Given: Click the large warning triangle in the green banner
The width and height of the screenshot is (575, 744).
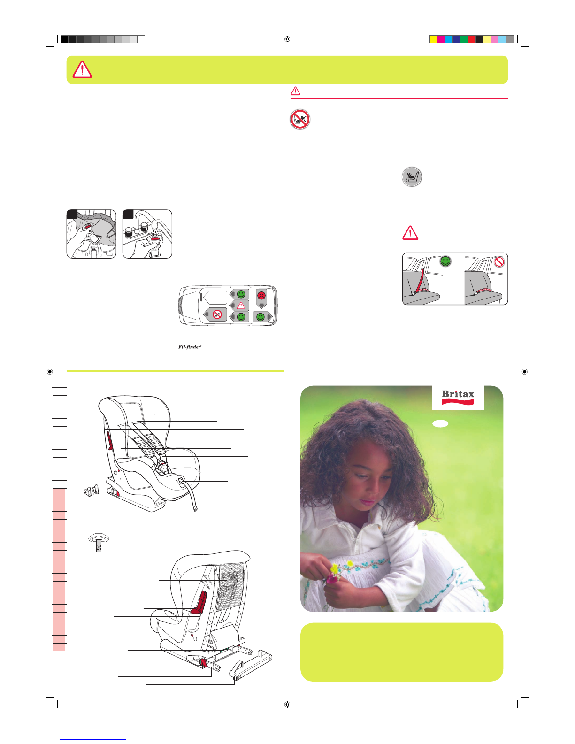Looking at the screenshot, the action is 82,69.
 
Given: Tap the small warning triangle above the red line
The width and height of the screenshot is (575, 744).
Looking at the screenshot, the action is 295,91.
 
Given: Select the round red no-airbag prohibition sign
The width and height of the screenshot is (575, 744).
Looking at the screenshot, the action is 300,120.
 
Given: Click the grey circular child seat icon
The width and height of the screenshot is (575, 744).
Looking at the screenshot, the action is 412,176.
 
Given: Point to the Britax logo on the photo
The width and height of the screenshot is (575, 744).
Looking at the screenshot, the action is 458,398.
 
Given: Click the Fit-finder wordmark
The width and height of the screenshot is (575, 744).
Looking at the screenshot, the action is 190,347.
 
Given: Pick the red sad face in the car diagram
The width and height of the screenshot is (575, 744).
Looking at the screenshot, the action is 261,295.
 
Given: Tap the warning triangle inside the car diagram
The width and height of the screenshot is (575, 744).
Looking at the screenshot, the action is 241,306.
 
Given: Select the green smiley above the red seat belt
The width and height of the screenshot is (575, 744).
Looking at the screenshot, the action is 445,261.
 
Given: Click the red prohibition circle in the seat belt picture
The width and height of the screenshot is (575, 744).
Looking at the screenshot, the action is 499,262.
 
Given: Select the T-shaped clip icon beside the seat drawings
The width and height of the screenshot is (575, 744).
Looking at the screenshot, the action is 99,542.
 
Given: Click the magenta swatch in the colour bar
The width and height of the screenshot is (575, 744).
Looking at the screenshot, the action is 441,39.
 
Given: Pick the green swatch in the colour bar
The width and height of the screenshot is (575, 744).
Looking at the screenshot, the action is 464,39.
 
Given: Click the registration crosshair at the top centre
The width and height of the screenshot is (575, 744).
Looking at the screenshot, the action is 287,39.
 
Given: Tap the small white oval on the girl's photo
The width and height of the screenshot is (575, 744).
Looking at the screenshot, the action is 440,423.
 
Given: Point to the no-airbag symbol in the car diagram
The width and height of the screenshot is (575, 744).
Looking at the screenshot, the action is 217,314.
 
